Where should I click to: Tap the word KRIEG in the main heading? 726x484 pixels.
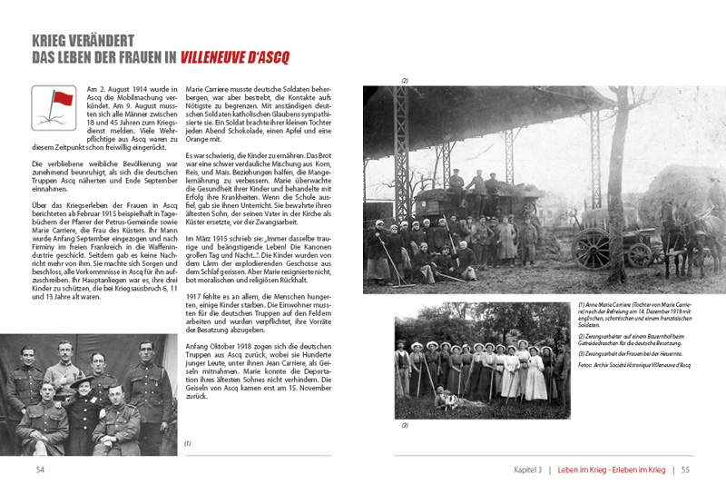point(56,41)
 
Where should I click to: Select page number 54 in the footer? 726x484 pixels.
point(41,469)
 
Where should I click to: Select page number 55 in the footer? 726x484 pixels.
point(686,469)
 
